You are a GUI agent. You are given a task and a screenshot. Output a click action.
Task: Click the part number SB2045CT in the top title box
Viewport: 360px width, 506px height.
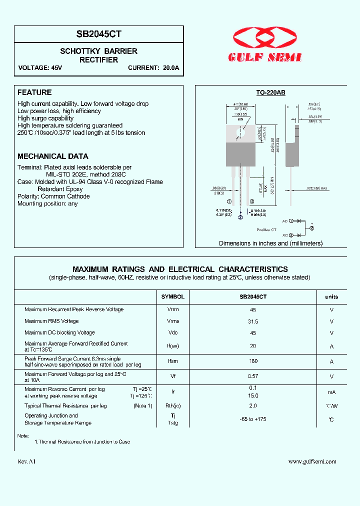pyautogui.click(x=99, y=34)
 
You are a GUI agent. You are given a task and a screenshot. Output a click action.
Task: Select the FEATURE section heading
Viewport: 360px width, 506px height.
pyautogui.click(x=34, y=92)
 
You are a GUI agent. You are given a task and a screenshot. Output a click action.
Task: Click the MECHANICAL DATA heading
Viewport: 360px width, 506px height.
pyautogui.click(x=53, y=156)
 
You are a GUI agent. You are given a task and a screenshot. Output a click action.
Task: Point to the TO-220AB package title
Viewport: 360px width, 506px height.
pyautogui.click(x=270, y=92)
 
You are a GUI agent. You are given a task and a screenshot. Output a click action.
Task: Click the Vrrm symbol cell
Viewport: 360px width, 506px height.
pyautogui.click(x=173, y=309)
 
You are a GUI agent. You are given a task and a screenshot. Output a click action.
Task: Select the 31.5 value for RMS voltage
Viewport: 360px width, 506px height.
pyautogui.click(x=252, y=321)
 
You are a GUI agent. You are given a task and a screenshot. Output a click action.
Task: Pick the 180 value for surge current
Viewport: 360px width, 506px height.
pyautogui.click(x=252, y=361)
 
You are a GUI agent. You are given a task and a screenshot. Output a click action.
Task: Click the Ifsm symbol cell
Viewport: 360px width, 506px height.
pyautogui.click(x=173, y=361)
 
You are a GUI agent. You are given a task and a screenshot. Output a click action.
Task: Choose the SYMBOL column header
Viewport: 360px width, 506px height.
pyautogui.click(x=173, y=296)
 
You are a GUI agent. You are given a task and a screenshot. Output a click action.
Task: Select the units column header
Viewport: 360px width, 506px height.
pyautogui.click(x=331, y=296)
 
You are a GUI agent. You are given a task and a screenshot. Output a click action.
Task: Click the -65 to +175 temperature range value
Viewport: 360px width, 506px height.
pyautogui.click(x=252, y=419)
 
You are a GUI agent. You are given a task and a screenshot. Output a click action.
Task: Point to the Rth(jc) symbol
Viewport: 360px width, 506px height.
pyautogui.click(x=173, y=406)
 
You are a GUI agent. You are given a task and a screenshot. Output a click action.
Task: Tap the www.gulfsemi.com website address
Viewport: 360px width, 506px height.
pyautogui.click(x=312, y=461)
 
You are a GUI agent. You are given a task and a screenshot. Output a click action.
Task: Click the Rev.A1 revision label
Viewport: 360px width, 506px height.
pyautogui.click(x=26, y=461)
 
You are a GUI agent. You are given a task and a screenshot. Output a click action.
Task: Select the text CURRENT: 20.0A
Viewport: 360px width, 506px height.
pyautogui.click(x=153, y=68)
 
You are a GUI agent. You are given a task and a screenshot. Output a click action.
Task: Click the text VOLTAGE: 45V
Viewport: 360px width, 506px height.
pyautogui.click(x=40, y=68)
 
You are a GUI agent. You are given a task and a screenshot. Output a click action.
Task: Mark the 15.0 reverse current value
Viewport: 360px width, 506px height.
pyautogui.click(x=252, y=395)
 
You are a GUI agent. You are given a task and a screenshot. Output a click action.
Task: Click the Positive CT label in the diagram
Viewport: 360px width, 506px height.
pyautogui.click(x=266, y=229)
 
